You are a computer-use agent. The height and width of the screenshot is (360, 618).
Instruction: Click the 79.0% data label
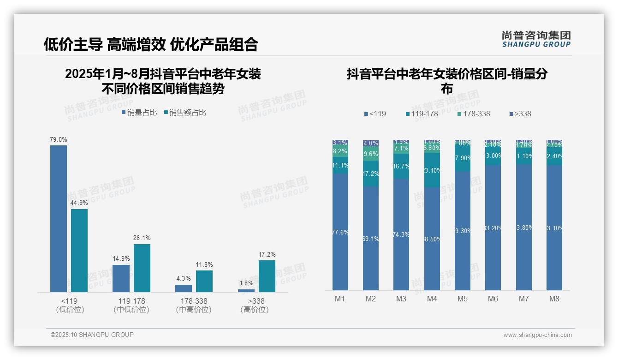point(59,139)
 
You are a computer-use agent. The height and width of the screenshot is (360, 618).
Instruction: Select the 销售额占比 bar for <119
point(79,250)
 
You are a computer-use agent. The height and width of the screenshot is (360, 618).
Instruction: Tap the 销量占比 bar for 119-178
point(121,278)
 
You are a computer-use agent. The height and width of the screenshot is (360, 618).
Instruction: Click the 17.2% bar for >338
point(267,276)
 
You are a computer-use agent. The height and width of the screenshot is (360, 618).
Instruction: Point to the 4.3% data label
point(183,278)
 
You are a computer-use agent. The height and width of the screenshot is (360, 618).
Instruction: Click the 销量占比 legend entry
point(139,112)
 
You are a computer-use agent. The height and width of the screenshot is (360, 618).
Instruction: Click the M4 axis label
point(432,299)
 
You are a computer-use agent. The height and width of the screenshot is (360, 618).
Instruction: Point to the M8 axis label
point(554,299)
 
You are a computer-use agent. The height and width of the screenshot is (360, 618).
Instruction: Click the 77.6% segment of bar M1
point(340,232)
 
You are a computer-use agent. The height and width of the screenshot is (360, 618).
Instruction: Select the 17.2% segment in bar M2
point(371,174)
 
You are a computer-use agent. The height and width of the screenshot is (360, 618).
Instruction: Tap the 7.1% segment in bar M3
point(401,149)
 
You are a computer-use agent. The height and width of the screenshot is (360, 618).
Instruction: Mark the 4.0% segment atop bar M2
point(371,144)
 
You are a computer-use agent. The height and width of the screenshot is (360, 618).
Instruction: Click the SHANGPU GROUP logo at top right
point(536,39)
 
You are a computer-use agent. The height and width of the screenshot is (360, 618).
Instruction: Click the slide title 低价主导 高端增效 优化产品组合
point(151,44)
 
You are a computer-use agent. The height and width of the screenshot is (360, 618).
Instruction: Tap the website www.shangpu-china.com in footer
point(537,335)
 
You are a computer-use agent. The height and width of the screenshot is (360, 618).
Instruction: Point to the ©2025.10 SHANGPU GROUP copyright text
point(92,335)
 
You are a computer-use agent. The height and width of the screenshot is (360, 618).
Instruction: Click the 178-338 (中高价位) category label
point(194,305)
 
